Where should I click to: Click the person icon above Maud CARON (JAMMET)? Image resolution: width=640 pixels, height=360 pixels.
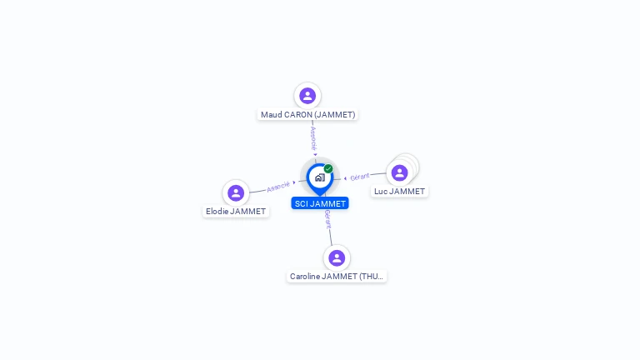coord(307,96)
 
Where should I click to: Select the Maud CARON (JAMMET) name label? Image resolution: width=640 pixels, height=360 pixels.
coord(307,115)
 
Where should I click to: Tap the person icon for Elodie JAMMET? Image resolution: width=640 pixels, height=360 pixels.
coord(236,193)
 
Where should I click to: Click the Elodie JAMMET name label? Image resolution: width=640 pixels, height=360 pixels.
coord(236,212)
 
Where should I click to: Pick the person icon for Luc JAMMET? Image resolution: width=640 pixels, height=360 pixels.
coord(400,172)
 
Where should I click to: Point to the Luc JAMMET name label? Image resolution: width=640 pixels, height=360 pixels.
coord(399,192)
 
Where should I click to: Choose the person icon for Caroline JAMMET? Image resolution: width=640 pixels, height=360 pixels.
coord(337,258)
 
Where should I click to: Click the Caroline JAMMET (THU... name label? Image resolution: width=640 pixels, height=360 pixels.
coord(337,277)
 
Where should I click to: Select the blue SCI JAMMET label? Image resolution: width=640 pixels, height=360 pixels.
coord(320,203)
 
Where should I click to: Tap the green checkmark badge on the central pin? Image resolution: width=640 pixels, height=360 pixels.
coord(328,168)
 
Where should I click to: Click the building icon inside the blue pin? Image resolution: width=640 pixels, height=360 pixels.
coord(320,177)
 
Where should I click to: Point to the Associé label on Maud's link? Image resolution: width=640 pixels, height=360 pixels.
coord(313,138)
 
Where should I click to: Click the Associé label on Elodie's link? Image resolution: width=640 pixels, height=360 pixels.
coord(278,187)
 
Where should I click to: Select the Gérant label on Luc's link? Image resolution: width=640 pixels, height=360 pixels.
coord(360,177)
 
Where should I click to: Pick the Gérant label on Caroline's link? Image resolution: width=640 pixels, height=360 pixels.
coord(327,219)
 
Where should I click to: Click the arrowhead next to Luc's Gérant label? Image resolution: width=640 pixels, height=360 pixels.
coord(345,178)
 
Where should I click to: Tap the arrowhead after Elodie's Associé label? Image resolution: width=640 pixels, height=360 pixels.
coord(294,182)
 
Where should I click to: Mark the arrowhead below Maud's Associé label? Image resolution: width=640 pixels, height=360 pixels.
coord(315,154)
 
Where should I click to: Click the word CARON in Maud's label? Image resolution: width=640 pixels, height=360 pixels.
coord(297,115)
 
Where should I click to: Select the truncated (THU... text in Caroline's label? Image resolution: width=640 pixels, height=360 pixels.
coord(372,277)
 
